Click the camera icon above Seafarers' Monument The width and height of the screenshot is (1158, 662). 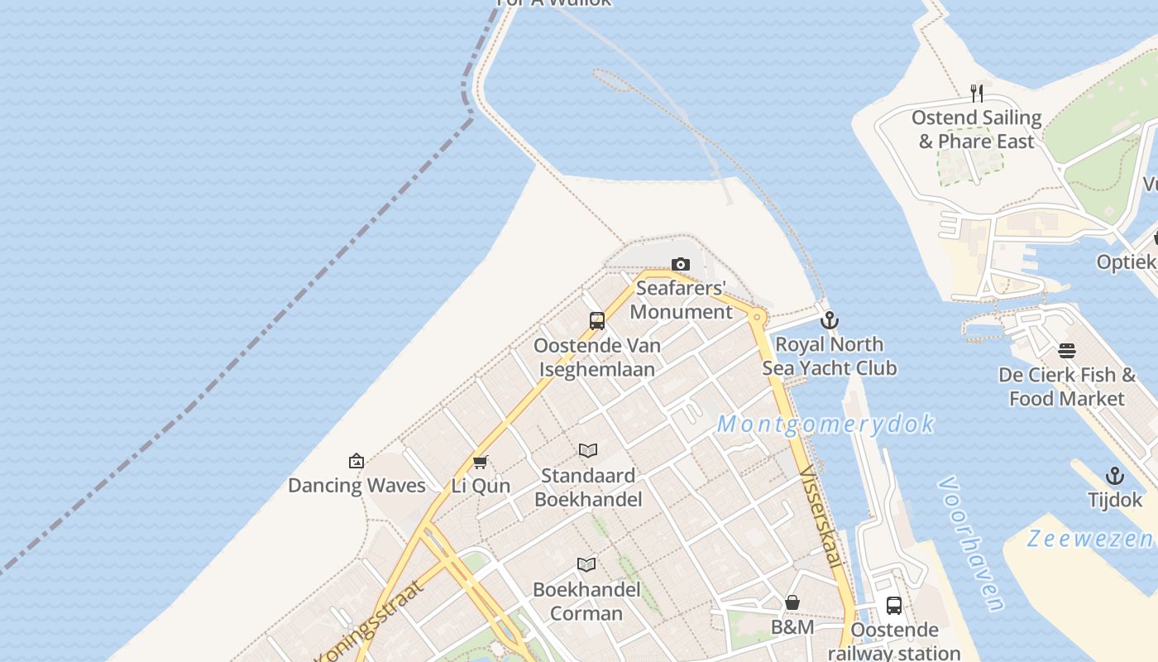click(681, 265)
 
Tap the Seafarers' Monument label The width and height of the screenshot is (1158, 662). click(682, 300)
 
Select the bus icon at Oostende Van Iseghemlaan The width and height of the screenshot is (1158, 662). click(597, 321)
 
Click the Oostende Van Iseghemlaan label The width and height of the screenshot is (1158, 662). click(597, 357)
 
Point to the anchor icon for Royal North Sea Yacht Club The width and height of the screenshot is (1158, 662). click(830, 320)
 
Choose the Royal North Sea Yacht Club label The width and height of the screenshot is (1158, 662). click(830, 356)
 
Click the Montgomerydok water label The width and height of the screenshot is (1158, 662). click(825, 425)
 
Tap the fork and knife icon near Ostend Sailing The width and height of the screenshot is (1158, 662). click(977, 93)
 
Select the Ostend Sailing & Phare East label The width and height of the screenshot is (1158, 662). click(977, 130)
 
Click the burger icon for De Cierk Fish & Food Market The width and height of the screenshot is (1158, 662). click(1067, 351)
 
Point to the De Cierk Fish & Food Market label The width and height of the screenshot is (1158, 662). click(1067, 386)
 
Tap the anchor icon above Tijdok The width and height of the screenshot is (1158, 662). click(1115, 476)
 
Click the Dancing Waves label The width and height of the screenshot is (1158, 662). click(356, 486)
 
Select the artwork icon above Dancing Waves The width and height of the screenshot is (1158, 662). click(356, 461)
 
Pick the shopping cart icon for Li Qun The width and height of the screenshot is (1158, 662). click(481, 462)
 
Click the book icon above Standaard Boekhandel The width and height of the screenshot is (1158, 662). click(588, 451)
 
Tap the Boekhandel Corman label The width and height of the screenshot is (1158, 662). click(586, 602)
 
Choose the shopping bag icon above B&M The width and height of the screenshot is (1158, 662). click(792, 602)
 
